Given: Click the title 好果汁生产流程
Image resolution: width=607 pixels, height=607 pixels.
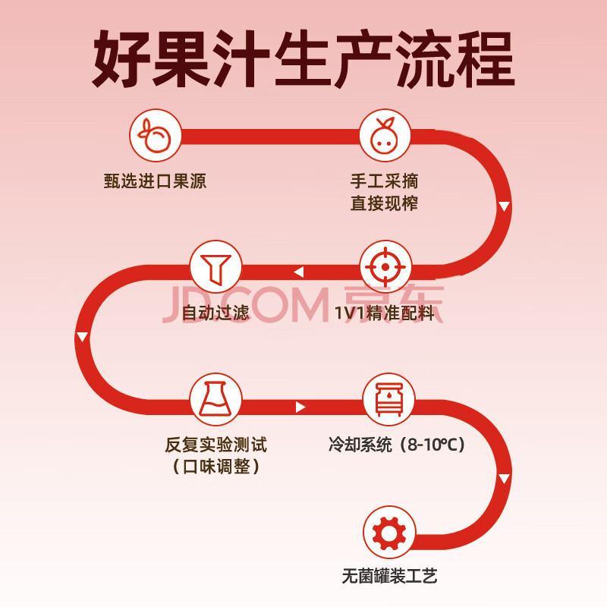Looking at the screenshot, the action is click(303, 59).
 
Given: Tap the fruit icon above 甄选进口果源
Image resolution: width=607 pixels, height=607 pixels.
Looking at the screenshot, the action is click(156, 135).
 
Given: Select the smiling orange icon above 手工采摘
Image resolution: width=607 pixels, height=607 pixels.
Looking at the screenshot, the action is click(385, 135).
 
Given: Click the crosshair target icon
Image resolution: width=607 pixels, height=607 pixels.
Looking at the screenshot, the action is click(385, 267).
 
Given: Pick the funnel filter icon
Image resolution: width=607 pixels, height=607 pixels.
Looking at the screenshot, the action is click(215, 267).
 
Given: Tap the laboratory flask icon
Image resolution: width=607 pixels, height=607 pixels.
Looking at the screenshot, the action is click(215, 399).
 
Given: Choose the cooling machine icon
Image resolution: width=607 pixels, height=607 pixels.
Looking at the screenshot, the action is click(388, 399).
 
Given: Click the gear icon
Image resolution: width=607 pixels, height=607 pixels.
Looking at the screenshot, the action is click(389, 533).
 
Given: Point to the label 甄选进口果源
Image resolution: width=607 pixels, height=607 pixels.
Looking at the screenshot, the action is click(155, 181).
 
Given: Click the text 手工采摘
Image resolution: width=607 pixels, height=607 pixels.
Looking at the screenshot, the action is click(385, 181).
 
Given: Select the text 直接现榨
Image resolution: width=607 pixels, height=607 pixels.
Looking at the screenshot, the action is click(385, 203).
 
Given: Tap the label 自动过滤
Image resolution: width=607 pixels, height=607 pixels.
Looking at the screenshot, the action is click(215, 313).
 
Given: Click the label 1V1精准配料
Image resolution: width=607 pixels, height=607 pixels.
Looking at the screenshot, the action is click(385, 313).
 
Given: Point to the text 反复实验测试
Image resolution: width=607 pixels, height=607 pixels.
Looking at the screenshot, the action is click(216, 445).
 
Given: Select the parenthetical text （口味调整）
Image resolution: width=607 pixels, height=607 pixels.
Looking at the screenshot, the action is click(216, 467).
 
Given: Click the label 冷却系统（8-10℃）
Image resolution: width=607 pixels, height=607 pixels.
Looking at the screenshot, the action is click(397, 445).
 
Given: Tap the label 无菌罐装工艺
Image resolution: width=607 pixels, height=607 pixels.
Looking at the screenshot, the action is click(389, 576).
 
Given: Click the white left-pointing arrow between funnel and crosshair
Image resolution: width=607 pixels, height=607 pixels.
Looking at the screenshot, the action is click(298, 272).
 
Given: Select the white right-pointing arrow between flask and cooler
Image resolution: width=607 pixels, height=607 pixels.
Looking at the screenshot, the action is click(300, 407).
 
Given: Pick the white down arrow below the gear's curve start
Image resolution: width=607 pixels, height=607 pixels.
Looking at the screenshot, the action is click(504, 479).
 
